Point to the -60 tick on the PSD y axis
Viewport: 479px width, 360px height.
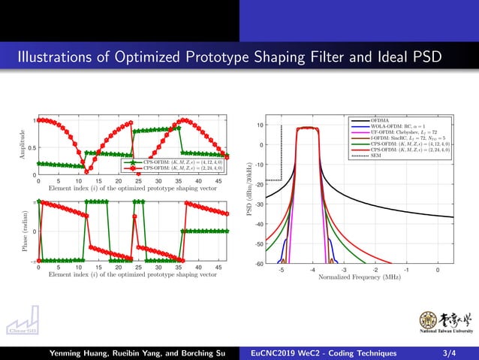pos(258,264)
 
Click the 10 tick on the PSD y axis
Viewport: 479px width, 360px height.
pos(258,126)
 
